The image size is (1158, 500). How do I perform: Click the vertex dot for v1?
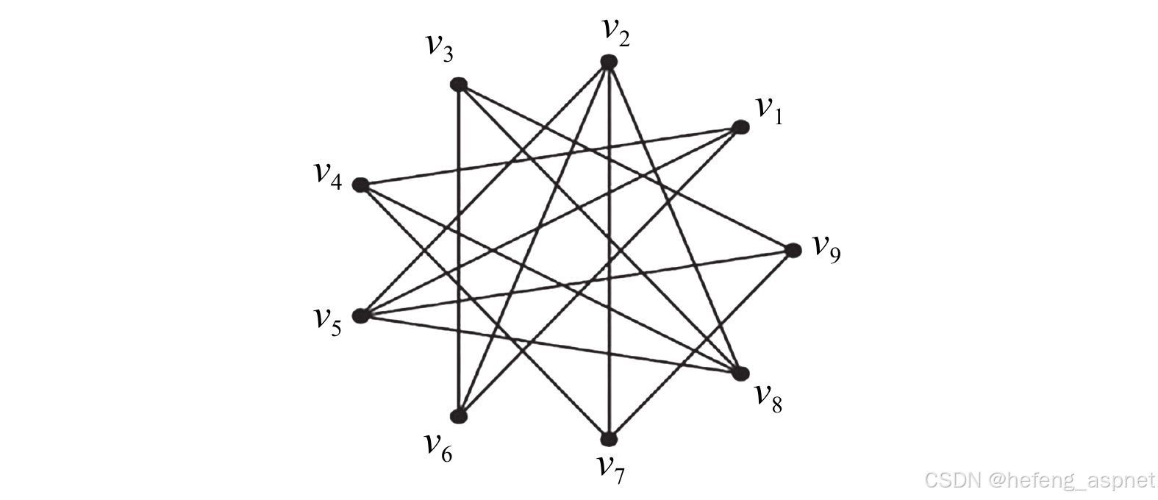point(740,128)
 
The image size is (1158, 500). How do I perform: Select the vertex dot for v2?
point(608,63)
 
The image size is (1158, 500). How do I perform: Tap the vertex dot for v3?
point(459,84)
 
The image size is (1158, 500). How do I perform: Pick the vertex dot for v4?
point(360,185)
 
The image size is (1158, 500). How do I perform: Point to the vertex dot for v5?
point(360,316)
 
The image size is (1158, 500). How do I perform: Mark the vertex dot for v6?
point(460,416)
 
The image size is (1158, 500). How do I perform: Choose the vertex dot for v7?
point(609,439)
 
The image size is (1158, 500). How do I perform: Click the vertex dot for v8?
point(740,373)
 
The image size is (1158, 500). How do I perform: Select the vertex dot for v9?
point(793,251)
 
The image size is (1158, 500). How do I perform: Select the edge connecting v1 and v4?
point(550,157)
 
